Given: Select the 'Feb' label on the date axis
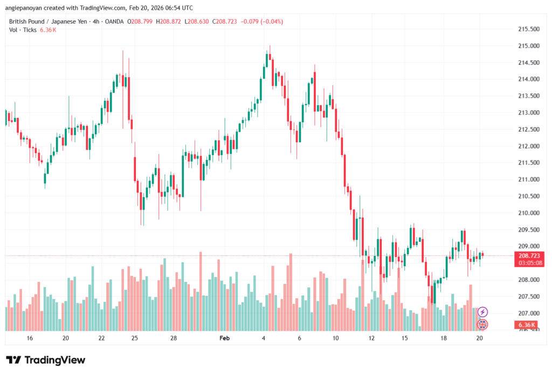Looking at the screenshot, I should (225, 338).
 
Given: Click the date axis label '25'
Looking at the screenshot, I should (135, 338).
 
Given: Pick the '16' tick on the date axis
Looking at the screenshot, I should (30, 338).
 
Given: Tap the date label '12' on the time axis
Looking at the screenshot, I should (371, 338).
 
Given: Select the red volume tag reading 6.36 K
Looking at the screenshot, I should (526, 325).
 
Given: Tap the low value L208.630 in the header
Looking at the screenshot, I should (197, 21).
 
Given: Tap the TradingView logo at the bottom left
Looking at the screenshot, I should (46, 360).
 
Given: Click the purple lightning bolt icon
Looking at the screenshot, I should (483, 311).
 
